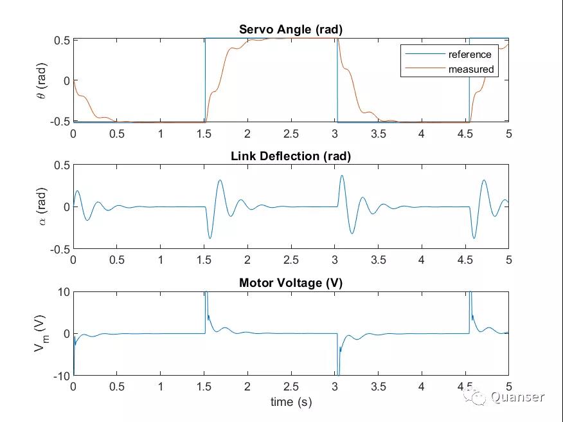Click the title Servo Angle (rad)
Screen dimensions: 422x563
click(290, 30)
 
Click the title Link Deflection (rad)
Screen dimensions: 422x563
click(290, 156)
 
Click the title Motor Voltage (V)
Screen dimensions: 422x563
click(290, 283)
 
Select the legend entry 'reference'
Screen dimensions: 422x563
click(469, 55)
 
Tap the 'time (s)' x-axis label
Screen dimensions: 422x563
click(290, 402)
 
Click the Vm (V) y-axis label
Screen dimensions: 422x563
click(40, 333)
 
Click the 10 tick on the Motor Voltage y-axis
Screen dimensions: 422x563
click(62, 292)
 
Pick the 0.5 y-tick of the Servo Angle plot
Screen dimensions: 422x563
click(61, 40)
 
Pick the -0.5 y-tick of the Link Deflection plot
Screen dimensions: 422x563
click(59, 249)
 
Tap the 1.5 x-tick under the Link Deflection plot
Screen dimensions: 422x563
click(204, 260)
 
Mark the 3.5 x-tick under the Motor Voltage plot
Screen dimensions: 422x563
click(378, 387)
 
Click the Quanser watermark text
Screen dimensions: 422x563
click(517, 398)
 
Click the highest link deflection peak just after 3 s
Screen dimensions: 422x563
click(342, 176)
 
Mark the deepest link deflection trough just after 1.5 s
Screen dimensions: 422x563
click(210, 238)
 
